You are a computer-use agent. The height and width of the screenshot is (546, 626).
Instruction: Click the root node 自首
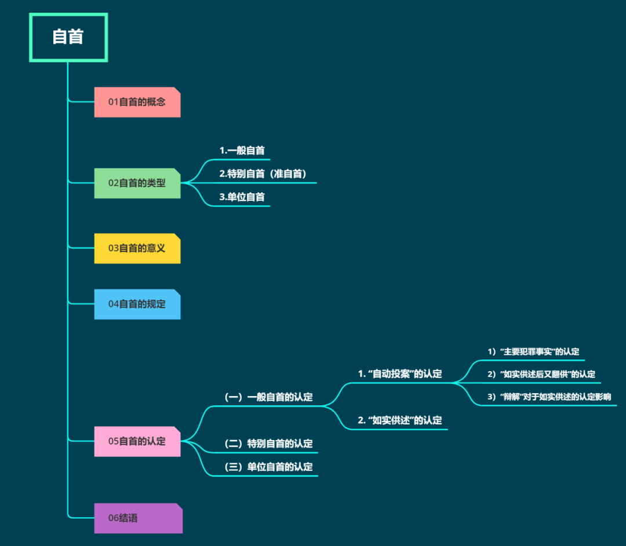pyautogui.click(x=68, y=37)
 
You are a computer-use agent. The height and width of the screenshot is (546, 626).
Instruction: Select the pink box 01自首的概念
pyautogui.click(x=137, y=102)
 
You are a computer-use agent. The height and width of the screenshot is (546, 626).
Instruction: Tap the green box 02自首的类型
pyautogui.click(x=137, y=183)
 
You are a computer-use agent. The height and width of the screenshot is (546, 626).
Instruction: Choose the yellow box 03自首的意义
pyautogui.click(x=137, y=248)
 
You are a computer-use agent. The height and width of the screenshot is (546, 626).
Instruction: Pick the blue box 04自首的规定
pyautogui.click(x=137, y=304)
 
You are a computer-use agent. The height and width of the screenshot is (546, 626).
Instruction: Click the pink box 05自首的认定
pyautogui.click(x=137, y=441)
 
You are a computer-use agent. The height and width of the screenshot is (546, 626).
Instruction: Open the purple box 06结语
pyautogui.click(x=138, y=518)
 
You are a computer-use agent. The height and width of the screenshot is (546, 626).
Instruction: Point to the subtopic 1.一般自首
pyautogui.click(x=242, y=151)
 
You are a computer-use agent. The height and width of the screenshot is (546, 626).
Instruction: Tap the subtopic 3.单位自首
pyautogui.click(x=242, y=197)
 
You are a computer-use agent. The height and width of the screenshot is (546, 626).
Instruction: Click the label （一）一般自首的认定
pyautogui.click(x=268, y=397)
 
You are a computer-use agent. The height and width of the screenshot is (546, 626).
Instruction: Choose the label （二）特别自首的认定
pyautogui.click(x=268, y=444)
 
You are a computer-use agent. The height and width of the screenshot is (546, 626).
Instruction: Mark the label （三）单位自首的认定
pyautogui.click(x=268, y=467)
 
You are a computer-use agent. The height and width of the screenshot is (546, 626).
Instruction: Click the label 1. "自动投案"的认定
pyautogui.click(x=400, y=374)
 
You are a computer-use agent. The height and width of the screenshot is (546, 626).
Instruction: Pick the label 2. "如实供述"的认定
pyautogui.click(x=400, y=420)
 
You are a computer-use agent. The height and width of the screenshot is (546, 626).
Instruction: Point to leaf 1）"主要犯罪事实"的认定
pyautogui.click(x=533, y=351)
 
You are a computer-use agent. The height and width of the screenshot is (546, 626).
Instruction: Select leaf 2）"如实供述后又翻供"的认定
pyautogui.click(x=541, y=374)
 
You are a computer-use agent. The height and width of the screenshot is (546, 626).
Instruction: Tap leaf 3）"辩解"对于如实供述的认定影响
pyautogui.click(x=549, y=397)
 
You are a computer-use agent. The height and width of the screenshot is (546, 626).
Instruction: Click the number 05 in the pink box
pyautogui.click(x=114, y=441)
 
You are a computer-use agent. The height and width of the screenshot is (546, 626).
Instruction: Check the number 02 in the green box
pyautogui.click(x=114, y=183)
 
